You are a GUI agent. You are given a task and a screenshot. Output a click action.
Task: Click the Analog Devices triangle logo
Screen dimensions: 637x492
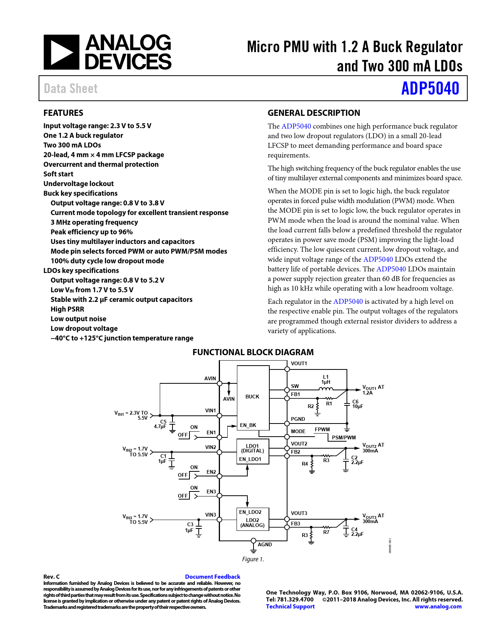coord(61,52)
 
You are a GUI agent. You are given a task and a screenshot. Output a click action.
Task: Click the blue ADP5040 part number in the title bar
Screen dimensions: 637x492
coord(430,88)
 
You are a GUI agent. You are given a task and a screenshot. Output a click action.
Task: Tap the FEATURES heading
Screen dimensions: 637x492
coord(63,113)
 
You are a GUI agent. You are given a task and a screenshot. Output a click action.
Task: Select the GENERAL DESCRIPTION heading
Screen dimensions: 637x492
coord(314,113)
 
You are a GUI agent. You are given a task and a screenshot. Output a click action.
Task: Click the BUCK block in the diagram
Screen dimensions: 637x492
coord(253,396)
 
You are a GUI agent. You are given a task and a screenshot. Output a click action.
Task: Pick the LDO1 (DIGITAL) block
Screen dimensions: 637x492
coord(252,449)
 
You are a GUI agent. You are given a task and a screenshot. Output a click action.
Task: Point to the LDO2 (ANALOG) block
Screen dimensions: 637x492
coord(252,523)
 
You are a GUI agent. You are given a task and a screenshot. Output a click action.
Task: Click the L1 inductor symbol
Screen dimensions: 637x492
coord(326,389)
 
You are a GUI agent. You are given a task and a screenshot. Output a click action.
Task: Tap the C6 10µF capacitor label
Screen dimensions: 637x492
coord(357,404)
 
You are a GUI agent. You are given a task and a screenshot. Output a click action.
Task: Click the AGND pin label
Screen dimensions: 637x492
coord(265,544)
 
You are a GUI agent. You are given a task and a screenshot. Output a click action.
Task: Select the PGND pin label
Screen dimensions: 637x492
coord(298,419)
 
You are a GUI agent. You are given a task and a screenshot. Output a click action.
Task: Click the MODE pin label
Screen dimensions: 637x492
coord(298,431)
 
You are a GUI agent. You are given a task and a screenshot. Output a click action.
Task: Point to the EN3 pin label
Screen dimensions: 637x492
coord(211,491)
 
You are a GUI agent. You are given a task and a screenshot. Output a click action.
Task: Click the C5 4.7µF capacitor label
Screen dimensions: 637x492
coord(161,424)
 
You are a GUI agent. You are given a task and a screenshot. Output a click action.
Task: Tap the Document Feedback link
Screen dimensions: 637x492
coord(213,576)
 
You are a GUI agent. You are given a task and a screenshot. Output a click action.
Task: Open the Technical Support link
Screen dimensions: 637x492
coord(290,607)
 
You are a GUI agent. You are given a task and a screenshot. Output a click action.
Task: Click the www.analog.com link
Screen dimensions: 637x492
coord(438,607)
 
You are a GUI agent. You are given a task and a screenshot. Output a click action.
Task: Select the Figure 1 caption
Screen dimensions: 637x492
coord(253,559)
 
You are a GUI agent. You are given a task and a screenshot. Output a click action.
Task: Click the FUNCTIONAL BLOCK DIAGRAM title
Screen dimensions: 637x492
coord(253,352)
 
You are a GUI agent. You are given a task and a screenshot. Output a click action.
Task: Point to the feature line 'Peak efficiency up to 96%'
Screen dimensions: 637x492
coord(91,232)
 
